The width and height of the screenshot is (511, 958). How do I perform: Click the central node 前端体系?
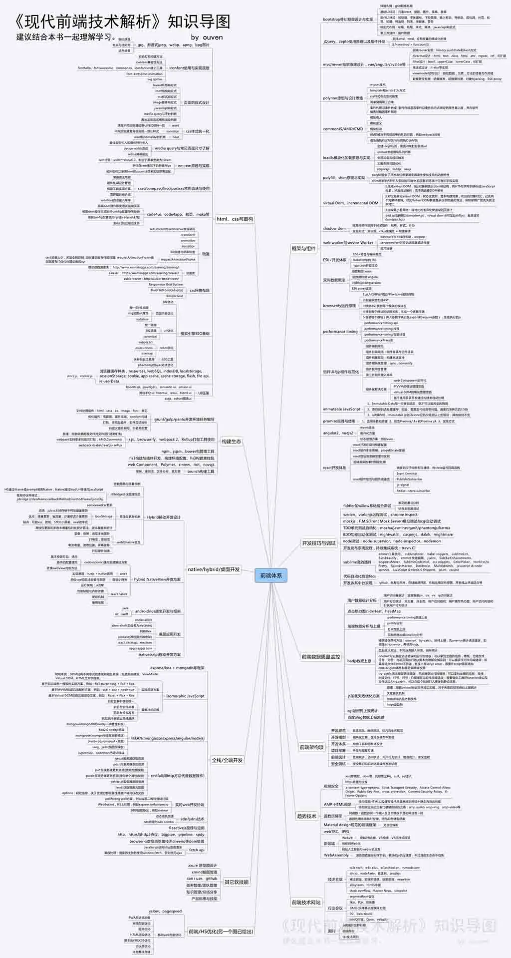pyautogui.click(x=271, y=575)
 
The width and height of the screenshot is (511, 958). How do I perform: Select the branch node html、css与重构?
pyautogui.click(x=235, y=219)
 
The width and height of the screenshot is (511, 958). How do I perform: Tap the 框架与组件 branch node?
pyautogui.click(x=303, y=248)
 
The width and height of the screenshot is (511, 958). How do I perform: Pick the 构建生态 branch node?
pyautogui.click(x=231, y=442)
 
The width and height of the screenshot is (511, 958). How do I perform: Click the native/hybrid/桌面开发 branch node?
pyautogui.click(x=214, y=569)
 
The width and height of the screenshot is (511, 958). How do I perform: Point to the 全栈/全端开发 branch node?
pyautogui.click(x=227, y=760)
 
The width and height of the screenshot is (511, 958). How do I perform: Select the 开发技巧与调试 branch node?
pyautogui.click(x=319, y=543)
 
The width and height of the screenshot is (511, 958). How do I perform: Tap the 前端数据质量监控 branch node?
pyautogui.click(x=320, y=657)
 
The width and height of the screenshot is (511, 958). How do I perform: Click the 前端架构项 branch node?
pyautogui.click(x=311, y=747)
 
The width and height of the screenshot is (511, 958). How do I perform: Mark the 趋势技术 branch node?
pyautogui.click(x=306, y=816)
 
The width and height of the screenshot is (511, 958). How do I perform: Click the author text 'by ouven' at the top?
pyautogui.click(x=207, y=37)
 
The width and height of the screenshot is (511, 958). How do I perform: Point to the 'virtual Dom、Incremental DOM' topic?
pyautogui.click(x=350, y=203)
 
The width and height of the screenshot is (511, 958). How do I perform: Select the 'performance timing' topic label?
pyautogui.click(x=340, y=332)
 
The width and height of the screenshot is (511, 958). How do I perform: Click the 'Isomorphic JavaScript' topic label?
pyautogui.click(x=185, y=696)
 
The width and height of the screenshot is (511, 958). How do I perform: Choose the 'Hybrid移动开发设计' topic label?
pyautogui.click(x=164, y=517)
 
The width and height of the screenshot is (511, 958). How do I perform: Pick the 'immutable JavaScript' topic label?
pyautogui.click(x=341, y=409)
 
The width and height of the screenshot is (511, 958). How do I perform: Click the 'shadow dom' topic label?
pyautogui.click(x=334, y=228)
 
